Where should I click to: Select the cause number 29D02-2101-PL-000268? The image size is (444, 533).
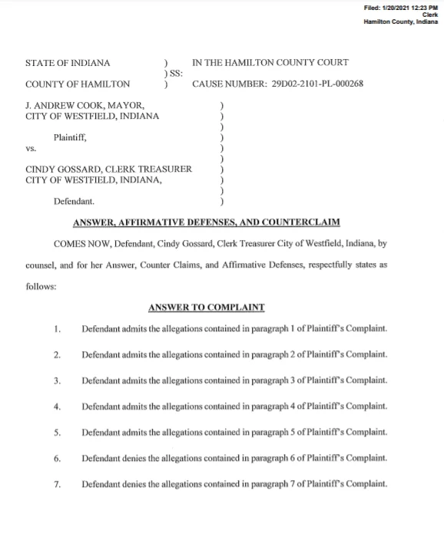[316, 84]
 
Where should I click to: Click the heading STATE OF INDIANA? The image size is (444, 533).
[68, 63]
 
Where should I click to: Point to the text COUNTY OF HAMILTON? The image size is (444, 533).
[78, 84]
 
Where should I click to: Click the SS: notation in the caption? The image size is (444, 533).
[174, 74]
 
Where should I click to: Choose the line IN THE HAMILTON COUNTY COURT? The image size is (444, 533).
[270, 63]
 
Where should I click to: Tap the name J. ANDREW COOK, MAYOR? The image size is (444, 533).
[84, 105]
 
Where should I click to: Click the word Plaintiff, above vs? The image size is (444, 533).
[71, 137]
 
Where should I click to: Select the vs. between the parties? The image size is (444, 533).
[31, 149]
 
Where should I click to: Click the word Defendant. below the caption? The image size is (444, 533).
[75, 202]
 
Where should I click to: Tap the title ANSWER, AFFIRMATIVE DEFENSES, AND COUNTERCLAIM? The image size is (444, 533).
[206, 223]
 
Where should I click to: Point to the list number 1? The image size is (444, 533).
[58, 329]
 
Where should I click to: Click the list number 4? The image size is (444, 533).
[58, 406]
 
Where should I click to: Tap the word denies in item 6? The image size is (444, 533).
[135, 459]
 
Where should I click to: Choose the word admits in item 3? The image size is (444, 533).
[135, 381]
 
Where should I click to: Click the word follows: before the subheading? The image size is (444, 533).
[41, 289]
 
